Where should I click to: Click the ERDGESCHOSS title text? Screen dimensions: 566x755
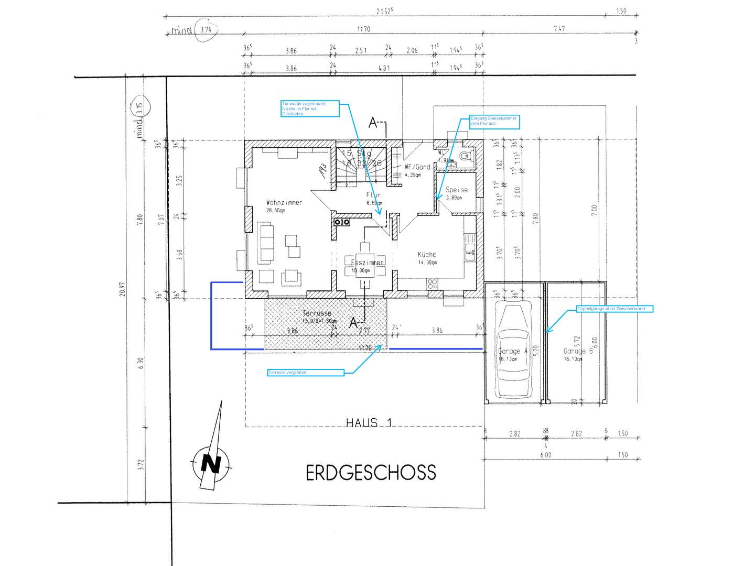(x=371, y=473)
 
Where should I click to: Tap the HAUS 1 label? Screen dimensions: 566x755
(x=369, y=422)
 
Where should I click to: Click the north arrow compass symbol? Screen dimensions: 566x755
(x=211, y=463)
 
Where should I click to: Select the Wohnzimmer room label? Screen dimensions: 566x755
(x=284, y=202)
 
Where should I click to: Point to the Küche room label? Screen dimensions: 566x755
(x=427, y=255)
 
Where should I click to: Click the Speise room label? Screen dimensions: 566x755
(x=457, y=190)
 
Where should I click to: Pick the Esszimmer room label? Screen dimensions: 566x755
(x=367, y=263)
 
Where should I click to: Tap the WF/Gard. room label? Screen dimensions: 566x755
(x=417, y=167)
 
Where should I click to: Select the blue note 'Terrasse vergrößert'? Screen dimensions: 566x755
(x=306, y=373)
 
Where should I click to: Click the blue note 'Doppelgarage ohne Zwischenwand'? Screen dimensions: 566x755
(x=614, y=309)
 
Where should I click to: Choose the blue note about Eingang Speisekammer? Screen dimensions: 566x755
(x=494, y=122)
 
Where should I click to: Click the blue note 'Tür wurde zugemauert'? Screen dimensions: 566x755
(x=310, y=108)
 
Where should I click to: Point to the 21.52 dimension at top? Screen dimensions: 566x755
(x=384, y=11)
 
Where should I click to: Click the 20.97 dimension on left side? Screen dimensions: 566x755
(x=123, y=289)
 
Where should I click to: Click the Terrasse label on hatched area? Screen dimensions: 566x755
(x=317, y=313)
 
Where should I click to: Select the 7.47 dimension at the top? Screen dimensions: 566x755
(x=559, y=29)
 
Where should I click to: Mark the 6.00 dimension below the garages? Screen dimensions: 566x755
(x=546, y=455)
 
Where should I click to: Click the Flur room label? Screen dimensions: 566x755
(x=373, y=195)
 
